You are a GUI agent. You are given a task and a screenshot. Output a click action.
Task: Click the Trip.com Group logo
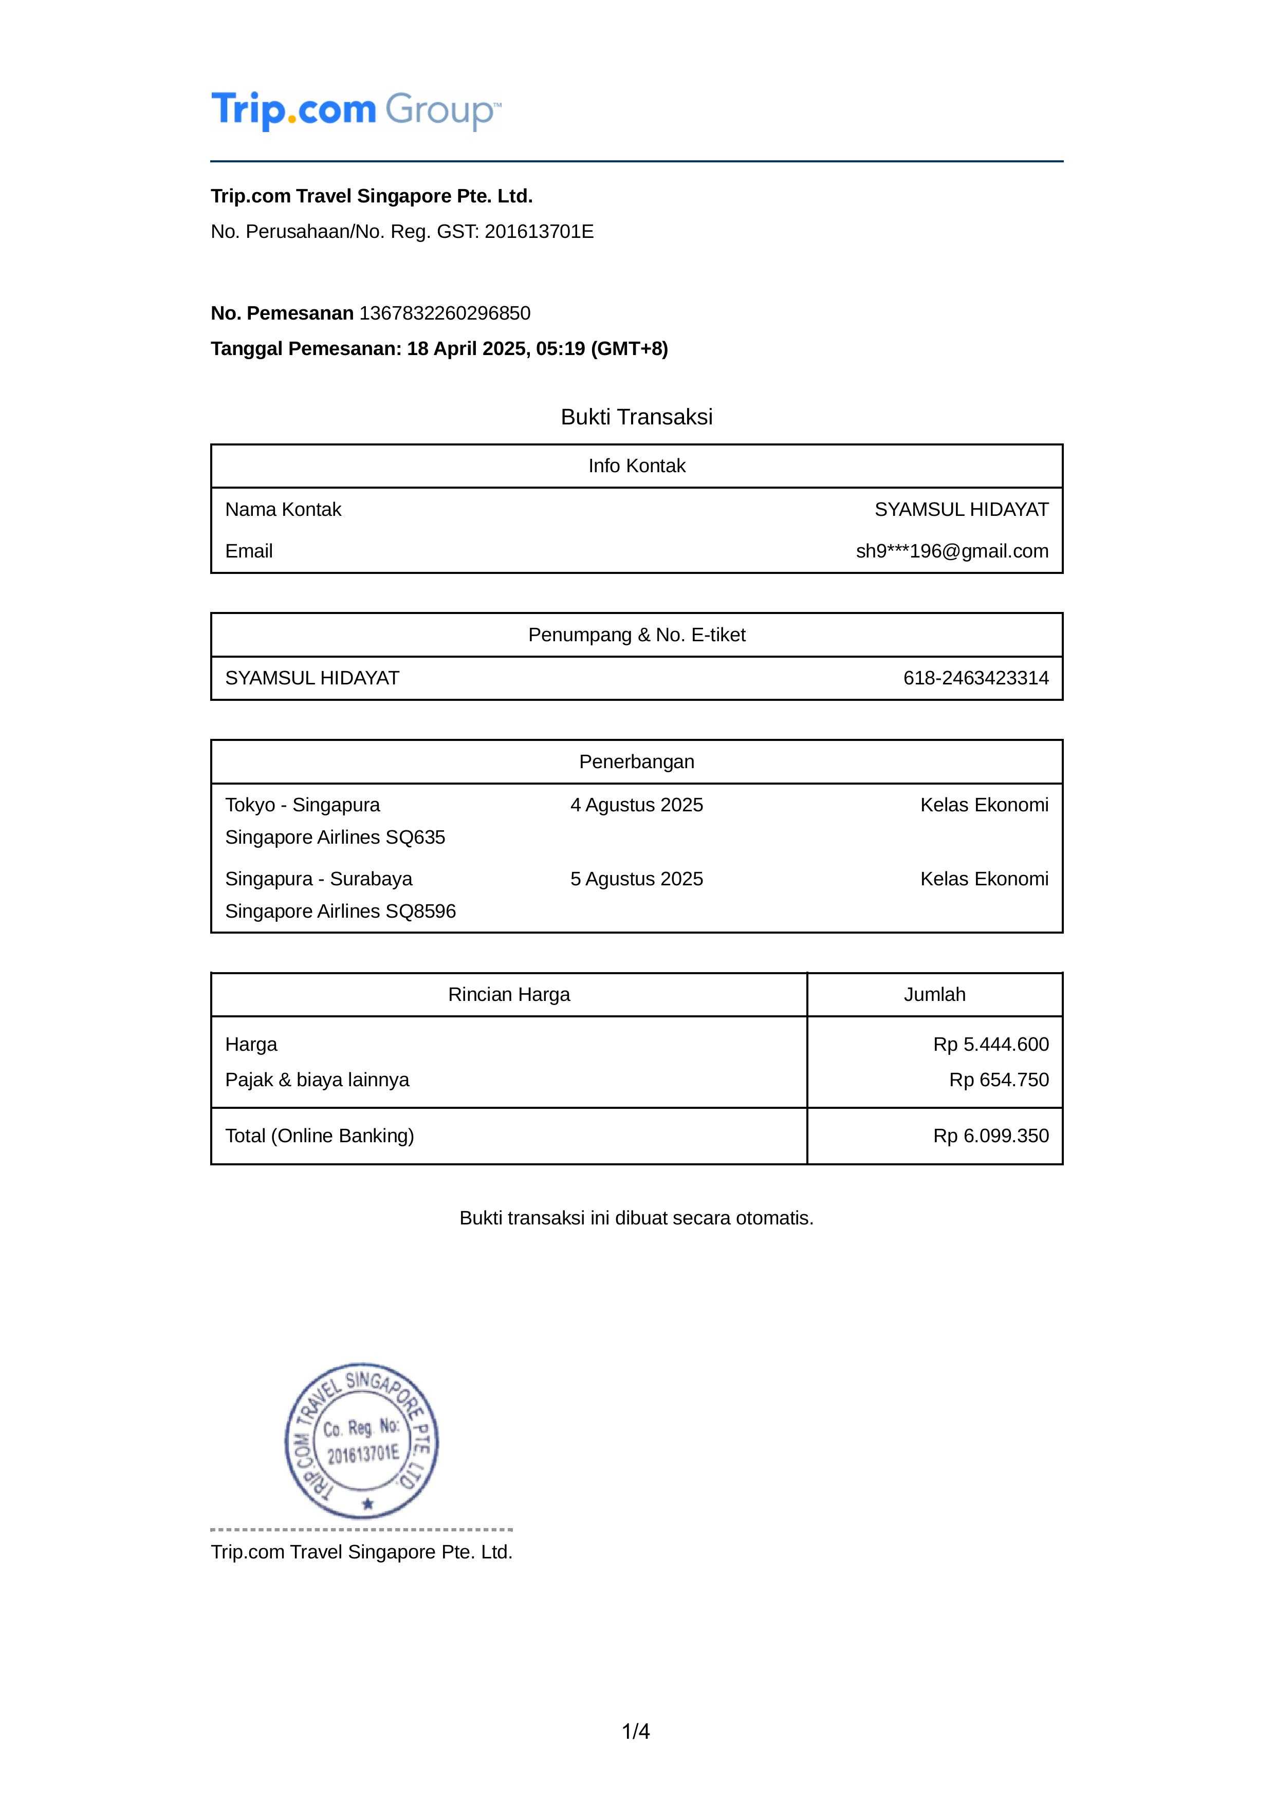(355, 110)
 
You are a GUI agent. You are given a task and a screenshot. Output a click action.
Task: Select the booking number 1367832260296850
(445, 313)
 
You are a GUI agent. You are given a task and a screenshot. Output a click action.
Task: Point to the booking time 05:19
(561, 349)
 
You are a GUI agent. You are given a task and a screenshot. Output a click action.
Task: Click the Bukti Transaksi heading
(636, 417)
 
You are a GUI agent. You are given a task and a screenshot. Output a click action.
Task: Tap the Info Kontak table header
(636, 467)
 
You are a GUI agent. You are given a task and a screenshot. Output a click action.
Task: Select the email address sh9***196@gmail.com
(952, 551)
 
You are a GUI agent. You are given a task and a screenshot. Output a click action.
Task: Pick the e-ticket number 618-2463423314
(975, 678)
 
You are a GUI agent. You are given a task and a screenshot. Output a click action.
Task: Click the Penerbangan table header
(636, 761)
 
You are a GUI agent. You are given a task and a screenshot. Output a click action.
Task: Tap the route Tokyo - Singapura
(302, 805)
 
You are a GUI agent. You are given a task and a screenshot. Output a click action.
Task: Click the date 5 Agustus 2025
(636, 879)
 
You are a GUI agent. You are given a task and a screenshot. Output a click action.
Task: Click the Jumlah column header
(934, 995)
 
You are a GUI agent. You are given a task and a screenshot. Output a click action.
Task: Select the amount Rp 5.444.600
(990, 1045)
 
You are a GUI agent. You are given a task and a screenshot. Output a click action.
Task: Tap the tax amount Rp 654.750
(999, 1080)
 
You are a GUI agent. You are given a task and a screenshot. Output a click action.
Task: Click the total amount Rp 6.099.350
(990, 1136)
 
